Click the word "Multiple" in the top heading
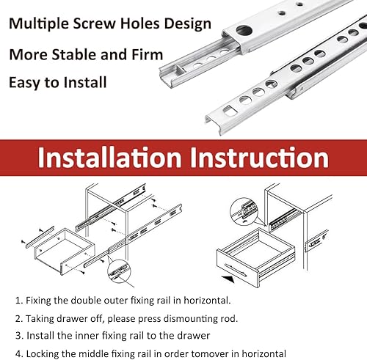click(39, 24)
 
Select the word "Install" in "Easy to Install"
click(85, 82)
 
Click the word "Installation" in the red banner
click(109, 157)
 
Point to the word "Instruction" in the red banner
click(259, 157)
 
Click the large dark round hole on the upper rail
click(244, 30)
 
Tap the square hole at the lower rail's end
click(230, 110)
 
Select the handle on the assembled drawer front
click(236, 270)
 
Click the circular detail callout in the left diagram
click(119, 271)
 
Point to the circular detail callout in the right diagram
click(244, 211)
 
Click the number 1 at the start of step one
click(18, 301)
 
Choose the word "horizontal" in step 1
click(206, 301)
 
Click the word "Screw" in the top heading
click(95, 24)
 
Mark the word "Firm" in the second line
click(148, 54)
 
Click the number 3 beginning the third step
click(18, 336)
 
